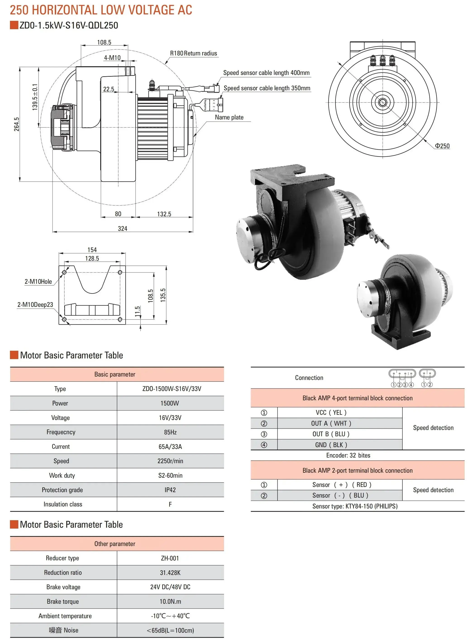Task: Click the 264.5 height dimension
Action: click(17, 124)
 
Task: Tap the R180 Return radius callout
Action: click(193, 53)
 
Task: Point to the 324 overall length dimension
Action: click(122, 229)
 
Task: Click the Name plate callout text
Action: click(229, 117)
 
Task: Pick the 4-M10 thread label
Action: click(112, 58)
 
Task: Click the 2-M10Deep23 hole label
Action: click(35, 305)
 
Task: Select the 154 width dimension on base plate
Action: click(92, 250)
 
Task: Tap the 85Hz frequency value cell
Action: click(170, 432)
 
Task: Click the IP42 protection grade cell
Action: click(170, 490)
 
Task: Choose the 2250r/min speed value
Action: click(170, 461)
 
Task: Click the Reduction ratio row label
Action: click(63, 572)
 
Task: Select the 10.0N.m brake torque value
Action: click(170, 601)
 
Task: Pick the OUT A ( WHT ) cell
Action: click(331, 423)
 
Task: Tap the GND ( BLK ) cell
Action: click(331, 445)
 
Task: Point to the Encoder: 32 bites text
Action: click(348, 455)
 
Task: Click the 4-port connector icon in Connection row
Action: click(402, 374)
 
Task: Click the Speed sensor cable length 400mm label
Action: click(266, 73)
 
